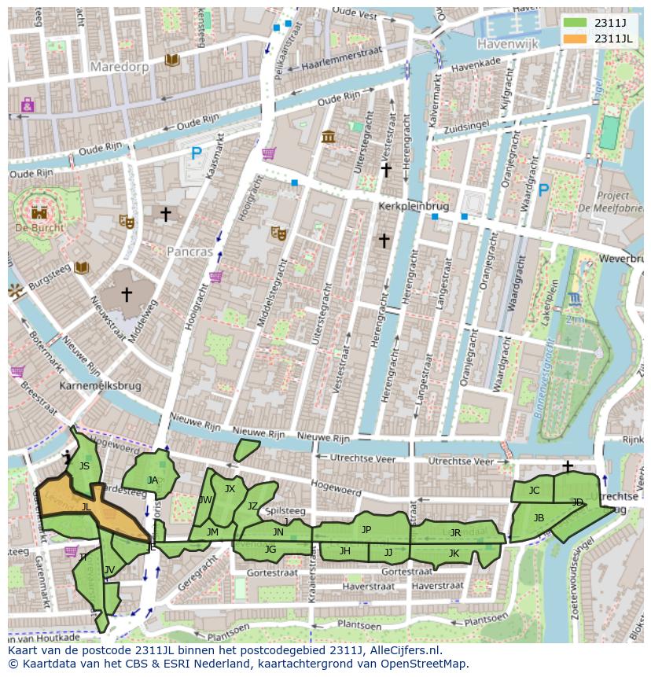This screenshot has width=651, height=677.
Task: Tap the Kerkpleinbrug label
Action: [413, 206]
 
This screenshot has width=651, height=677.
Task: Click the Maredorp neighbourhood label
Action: [119, 67]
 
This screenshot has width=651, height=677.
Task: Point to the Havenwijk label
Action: [507, 45]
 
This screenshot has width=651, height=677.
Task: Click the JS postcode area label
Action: [84, 466]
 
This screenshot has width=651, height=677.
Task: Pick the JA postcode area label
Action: [153, 480]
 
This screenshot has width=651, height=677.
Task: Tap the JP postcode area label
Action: [366, 530]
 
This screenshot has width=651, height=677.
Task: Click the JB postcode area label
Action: [539, 517]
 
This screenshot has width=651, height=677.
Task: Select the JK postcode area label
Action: [454, 553]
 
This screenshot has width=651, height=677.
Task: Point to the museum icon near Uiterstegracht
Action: [328, 137]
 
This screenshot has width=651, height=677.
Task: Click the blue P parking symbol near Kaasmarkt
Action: [197, 155]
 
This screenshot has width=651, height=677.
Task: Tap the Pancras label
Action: [189, 252]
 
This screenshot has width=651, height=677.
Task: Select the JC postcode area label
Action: [534, 491]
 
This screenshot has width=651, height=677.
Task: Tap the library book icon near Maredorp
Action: [171, 60]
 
